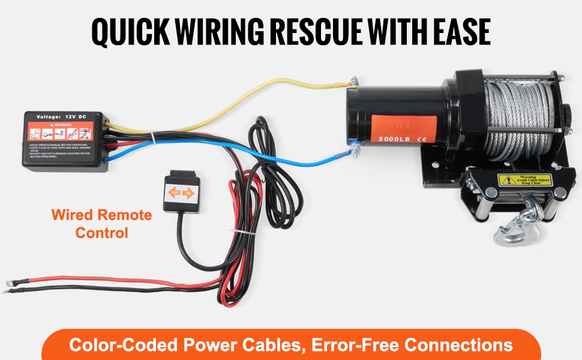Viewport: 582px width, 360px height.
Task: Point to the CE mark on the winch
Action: coord(422,138)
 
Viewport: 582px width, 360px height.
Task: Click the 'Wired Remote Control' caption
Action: coord(101,223)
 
